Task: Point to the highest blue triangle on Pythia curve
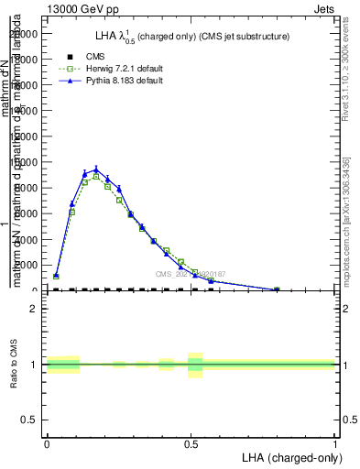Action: click(x=95, y=169)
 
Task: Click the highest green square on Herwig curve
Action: click(x=95, y=176)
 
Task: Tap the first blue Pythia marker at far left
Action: click(x=56, y=275)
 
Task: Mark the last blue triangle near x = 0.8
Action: click(x=277, y=289)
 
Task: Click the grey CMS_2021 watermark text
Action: click(x=191, y=273)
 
